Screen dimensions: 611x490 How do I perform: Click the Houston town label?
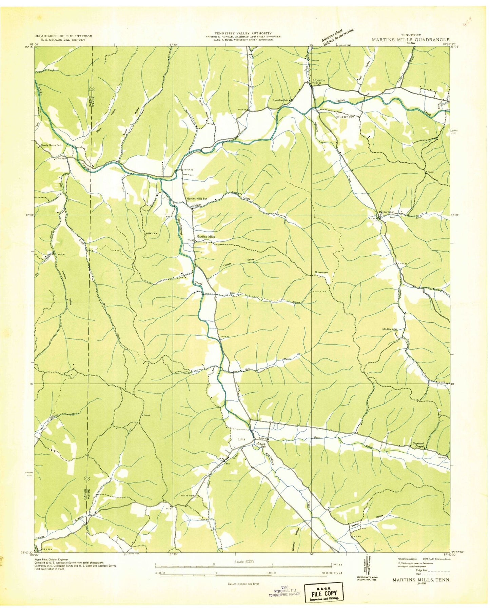(x=319, y=80)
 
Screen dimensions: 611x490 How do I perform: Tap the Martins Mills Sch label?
(x=197, y=199)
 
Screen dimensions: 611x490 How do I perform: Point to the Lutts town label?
(x=241, y=439)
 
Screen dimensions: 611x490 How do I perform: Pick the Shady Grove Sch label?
(x=51, y=145)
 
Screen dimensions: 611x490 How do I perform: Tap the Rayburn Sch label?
(x=387, y=212)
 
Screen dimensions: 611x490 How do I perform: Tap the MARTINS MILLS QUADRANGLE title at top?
(x=410, y=40)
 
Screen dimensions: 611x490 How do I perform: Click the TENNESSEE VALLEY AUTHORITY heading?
(x=243, y=33)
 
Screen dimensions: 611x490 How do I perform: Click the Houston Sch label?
(x=281, y=100)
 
